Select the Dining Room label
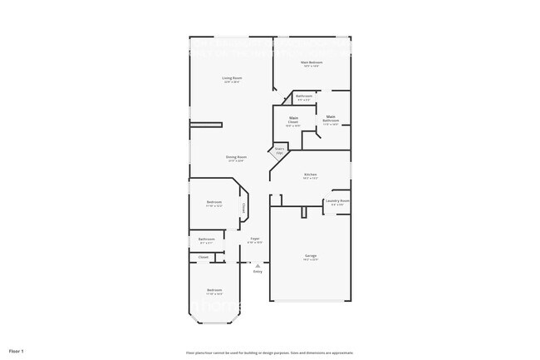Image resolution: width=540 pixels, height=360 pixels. coord(236,158)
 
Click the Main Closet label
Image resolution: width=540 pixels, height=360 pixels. coord(292,122)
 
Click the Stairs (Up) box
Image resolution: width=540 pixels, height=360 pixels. coord(279,151)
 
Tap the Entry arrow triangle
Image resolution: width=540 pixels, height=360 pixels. coord(258,265)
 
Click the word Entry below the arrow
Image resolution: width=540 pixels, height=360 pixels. coord(258,272)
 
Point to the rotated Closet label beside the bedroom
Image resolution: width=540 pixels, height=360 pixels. coord(243,208)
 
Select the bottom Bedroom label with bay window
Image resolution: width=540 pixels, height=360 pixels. coord(214,291)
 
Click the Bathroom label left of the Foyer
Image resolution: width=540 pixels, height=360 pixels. coord(207,241)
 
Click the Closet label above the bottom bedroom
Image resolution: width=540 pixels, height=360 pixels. coord(204,258)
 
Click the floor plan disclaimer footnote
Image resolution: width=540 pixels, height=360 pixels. coord(269,352)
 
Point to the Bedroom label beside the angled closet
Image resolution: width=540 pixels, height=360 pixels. coord(214,204)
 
